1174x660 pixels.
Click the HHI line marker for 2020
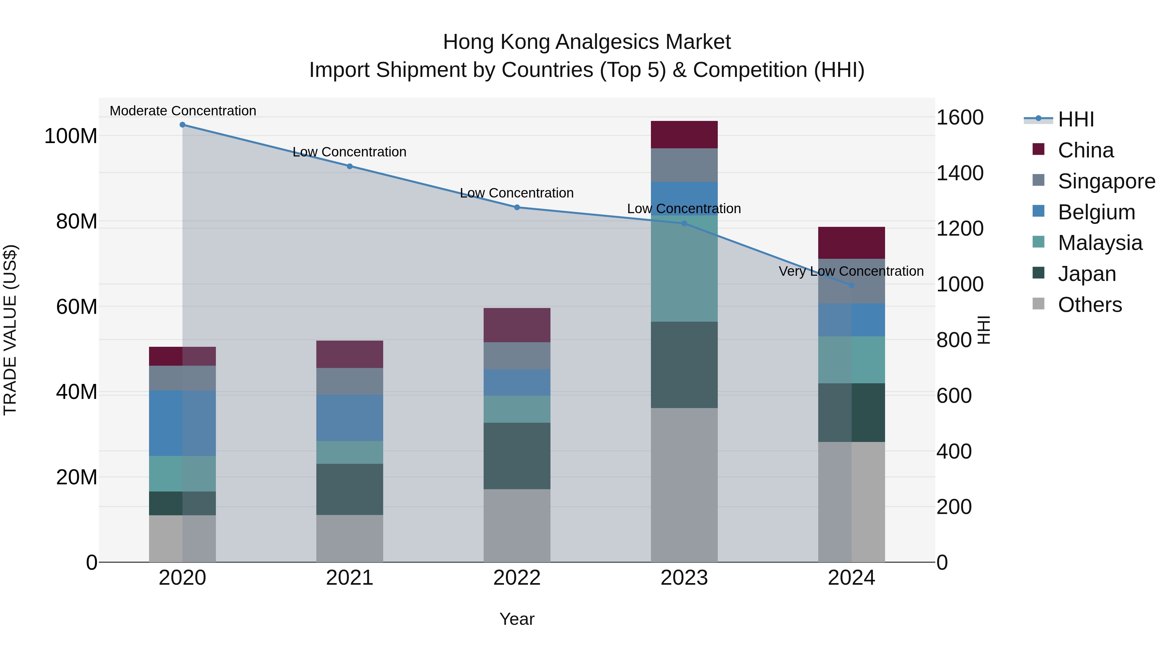[x=182, y=125]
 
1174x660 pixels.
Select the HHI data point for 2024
[x=851, y=285]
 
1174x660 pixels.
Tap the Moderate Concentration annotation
[x=183, y=111]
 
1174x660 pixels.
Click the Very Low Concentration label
[x=851, y=271]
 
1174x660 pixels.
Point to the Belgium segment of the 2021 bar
[x=350, y=418]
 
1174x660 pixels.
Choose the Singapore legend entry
[x=1106, y=181]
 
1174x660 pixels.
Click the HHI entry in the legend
[x=1076, y=119]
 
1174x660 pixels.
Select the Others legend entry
[x=1089, y=305]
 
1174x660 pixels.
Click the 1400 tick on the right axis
[x=959, y=173]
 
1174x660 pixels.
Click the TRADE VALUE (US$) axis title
[x=10, y=330]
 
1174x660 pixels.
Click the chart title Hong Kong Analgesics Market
[x=587, y=42]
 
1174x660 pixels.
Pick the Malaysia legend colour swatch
[x=1038, y=242]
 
